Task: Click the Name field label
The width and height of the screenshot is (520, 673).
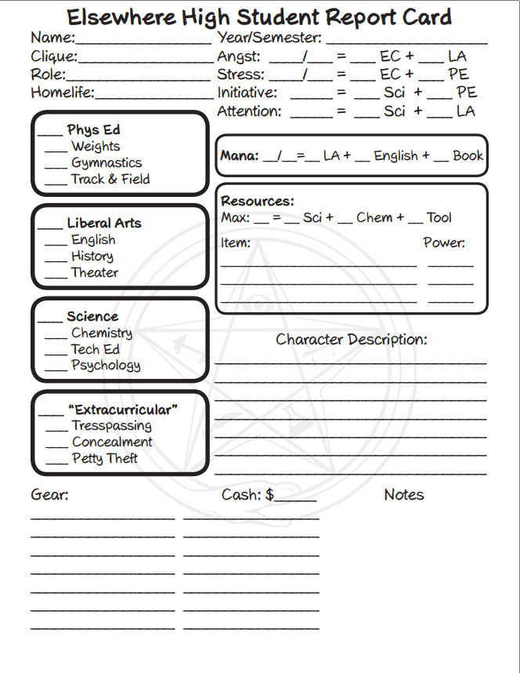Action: pyautogui.click(x=52, y=38)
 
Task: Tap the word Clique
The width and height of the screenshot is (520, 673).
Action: pyautogui.click(x=53, y=56)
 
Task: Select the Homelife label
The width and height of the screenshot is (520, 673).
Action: pyautogui.click(x=62, y=93)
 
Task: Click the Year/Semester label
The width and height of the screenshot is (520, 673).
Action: pyautogui.click(x=269, y=38)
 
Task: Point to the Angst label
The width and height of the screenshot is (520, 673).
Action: pyautogui.click(x=240, y=56)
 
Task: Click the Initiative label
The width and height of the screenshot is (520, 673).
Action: pyautogui.click(x=247, y=93)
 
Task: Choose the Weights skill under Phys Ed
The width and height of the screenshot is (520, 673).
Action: pyautogui.click(x=96, y=147)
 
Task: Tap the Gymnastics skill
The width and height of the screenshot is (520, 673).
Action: pyautogui.click(x=107, y=163)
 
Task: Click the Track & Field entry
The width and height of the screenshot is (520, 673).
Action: pyautogui.click(x=110, y=180)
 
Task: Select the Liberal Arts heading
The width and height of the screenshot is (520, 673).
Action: pyautogui.click(x=104, y=224)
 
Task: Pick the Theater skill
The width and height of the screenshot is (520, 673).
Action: pyautogui.click(x=95, y=273)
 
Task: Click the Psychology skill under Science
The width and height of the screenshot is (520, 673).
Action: pyautogui.click(x=106, y=366)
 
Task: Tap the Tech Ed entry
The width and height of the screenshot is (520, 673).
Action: pyautogui.click(x=95, y=349)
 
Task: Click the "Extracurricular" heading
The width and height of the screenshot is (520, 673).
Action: pyautogui.click(x=123, y=410)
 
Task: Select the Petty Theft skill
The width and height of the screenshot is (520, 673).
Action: pyautogui.click(x=105, y=459)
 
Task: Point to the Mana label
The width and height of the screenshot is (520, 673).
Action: pyautogui.click(x=239, y=156)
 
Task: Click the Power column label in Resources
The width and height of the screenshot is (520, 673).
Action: pyautogui.click(x=444, y=243)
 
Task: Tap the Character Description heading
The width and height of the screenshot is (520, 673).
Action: pyautogui.click(x=352, y=340)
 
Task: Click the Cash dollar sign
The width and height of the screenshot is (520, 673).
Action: pyautogui.click(x=269, y=495)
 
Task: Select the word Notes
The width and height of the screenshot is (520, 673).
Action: pyautogui.click(x=404, y=495)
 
